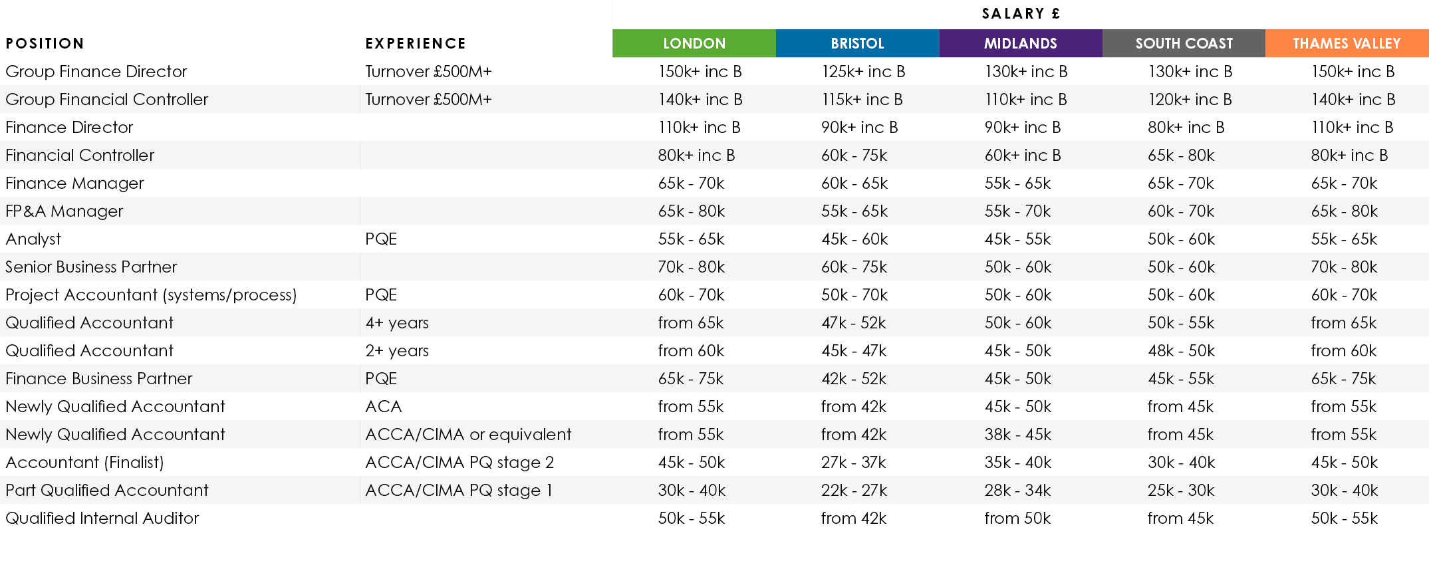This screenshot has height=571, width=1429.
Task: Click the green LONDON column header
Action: coord(694,43)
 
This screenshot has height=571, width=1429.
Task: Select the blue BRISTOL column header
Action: coord(857,43)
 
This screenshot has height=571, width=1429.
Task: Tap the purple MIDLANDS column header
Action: coord(1020,43)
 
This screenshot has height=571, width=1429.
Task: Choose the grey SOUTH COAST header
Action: coord(1184,43)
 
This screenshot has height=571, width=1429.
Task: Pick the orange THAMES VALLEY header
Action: coord(1347,43)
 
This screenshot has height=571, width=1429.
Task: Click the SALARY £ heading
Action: coord(1021,14)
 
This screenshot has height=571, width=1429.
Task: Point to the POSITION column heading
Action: coord(45,44)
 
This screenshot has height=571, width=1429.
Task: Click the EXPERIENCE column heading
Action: coord(416,44)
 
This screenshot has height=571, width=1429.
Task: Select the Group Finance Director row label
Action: coord(96,71)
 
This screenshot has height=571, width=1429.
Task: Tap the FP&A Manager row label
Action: coord(65,211)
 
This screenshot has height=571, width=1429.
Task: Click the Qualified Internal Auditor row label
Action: coord(102,518)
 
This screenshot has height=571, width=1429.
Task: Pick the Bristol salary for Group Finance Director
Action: coord(863,71)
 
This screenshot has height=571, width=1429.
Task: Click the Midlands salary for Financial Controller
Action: coord(1023,155)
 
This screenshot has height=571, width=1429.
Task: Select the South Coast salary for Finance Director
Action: coord(1186,127)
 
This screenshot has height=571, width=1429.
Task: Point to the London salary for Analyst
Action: coord(691,239)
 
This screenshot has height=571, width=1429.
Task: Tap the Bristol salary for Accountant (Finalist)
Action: coord(854,462)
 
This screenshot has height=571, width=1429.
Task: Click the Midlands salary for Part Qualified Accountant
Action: coord(1017,490)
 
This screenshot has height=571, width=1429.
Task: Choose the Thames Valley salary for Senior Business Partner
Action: coord(1344,267)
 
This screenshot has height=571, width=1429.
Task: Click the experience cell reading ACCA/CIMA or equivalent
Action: coord(468,434)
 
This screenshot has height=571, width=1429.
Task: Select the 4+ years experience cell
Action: coord(397,322)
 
